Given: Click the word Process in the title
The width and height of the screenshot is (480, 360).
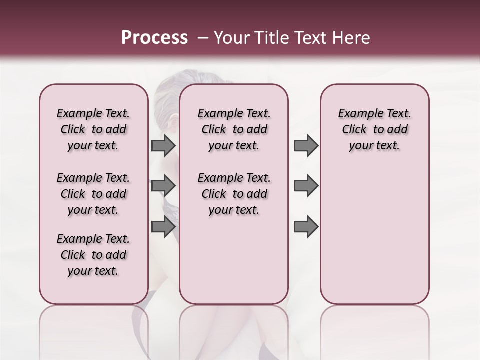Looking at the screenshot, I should (x=154, y=38).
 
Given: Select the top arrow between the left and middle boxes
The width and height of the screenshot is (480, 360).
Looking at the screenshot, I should (x=163, y=146).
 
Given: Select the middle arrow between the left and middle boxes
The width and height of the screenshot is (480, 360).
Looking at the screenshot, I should (x=163, y=186).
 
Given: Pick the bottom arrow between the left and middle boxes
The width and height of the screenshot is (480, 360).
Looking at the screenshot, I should (x=163, y=227).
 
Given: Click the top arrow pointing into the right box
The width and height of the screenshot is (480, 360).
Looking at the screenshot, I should (x=306, y=146).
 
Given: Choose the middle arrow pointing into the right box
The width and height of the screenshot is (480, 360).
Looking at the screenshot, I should (x=306, y=186).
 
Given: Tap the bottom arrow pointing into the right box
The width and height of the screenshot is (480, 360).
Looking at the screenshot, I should (x=306, y=227).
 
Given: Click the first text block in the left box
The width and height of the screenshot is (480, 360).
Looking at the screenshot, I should (x=93, y=129).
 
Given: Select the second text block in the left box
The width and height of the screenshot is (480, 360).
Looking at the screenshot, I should (x=93, y=194).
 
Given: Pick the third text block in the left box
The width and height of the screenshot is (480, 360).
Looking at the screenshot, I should (x=93, y=255).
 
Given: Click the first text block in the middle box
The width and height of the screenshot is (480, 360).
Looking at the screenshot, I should (x=234, y=129).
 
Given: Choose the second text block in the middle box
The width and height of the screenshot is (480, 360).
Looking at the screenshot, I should (x=234, y=194).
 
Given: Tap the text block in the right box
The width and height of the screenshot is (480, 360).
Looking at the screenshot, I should (x=374, y=129).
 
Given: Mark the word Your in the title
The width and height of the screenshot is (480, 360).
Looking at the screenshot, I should (x=231, y=38).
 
